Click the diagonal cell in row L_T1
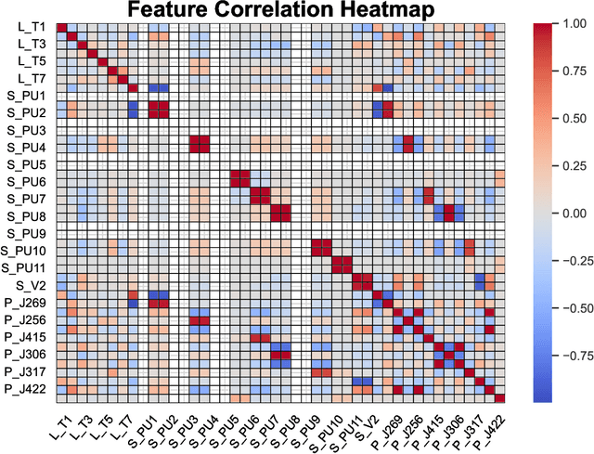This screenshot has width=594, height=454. point(61,27)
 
